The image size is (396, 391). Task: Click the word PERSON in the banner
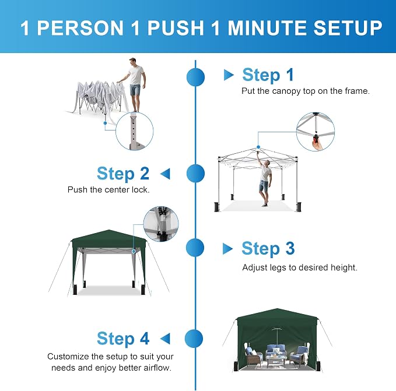80,28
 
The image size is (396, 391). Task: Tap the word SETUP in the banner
348,28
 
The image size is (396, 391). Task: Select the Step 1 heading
268,75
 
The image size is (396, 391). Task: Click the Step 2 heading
123,174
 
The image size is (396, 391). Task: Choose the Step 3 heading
268,248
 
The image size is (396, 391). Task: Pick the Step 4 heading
123,339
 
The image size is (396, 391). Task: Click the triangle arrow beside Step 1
229,75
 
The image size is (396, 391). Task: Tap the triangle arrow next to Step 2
165,174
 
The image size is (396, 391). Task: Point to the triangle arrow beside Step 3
227,249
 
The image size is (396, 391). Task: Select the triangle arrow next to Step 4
165,339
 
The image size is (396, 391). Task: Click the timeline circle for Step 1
195,77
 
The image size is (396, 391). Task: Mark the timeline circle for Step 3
195,248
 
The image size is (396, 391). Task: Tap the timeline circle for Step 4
194,339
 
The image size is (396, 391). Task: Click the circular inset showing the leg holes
134,131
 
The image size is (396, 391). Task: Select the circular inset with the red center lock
315,132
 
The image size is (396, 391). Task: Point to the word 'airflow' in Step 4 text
157,368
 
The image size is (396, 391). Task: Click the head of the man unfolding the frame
133,62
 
